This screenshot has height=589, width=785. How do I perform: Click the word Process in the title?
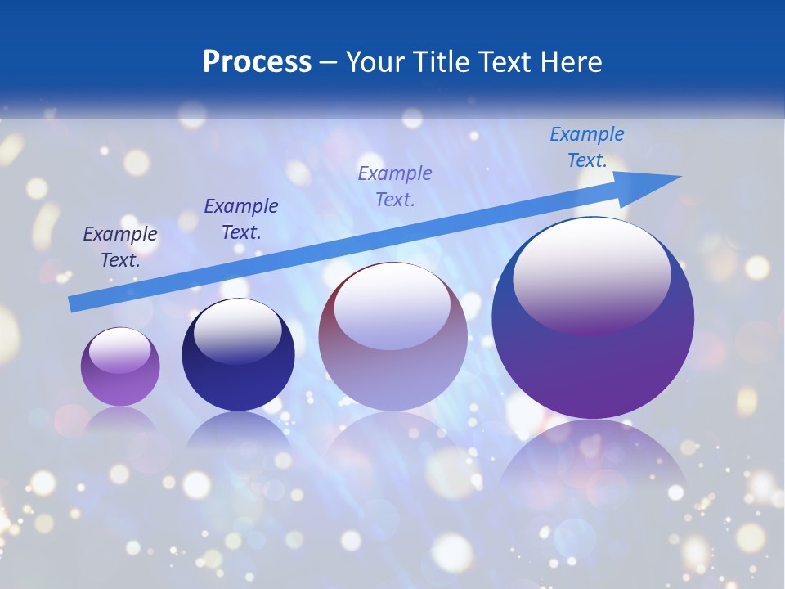tap(257, 62)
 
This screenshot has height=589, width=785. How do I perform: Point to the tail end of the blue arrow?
tap(71, 304)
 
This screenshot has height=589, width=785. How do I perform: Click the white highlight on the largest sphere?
tap(591, 274)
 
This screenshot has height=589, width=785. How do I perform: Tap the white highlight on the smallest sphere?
tap(119, 350)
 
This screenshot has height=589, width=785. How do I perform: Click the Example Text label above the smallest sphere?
tap(120, 247)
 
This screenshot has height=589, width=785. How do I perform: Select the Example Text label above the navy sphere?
tap(241, 219)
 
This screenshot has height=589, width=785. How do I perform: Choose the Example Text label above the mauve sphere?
tap(395, 186)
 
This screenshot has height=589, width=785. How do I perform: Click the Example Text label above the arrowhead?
tap(587, 147)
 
